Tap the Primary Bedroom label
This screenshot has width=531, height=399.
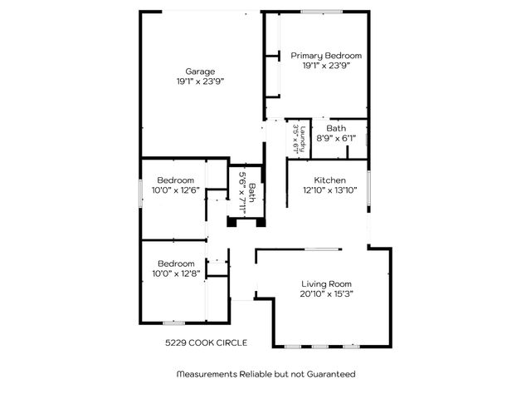pos(325,55)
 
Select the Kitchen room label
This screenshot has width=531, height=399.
pos(329,180)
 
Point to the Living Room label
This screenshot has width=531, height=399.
pos(325,283)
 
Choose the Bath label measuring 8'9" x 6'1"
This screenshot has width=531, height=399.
pos(336,128)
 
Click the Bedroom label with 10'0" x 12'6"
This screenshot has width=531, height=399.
pos(176,180)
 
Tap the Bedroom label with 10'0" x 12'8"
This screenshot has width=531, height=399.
pos(176,263)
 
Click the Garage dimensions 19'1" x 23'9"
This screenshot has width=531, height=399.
pos(200,81)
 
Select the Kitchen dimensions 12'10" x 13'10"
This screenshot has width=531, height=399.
pos(329,190)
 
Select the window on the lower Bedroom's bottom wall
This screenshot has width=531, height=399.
pos(173,323)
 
